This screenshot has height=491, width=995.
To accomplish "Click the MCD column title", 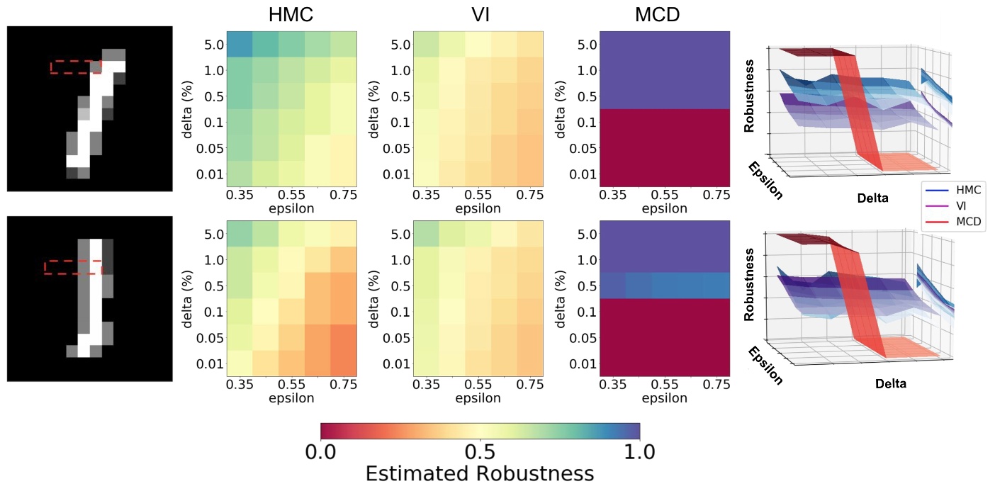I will [x=664, y=15].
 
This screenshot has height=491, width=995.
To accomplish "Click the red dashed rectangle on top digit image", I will [x=75, y=67].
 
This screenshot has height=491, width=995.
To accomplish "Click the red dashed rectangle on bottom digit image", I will [x=73, y=267].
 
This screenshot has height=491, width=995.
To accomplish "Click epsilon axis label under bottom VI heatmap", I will [x=478, y=398].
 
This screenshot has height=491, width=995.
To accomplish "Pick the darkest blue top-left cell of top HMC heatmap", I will [x=240, y=44].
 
